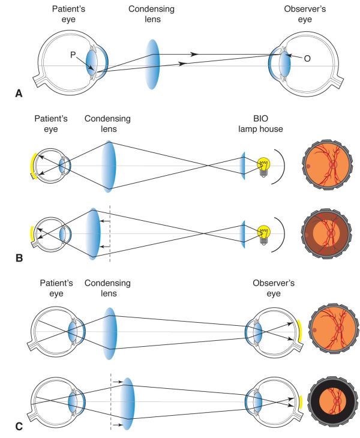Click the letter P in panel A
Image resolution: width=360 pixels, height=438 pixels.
tap(72, 55)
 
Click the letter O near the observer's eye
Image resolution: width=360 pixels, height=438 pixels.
tap(307, 59)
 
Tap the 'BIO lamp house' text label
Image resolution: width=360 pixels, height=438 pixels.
tap(261, 124)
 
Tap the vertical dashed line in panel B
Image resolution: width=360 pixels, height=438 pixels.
tap(110, 234)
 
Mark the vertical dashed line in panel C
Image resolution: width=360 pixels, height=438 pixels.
tap(110, 402)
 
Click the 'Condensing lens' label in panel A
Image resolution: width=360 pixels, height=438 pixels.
tap(152, 16)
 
